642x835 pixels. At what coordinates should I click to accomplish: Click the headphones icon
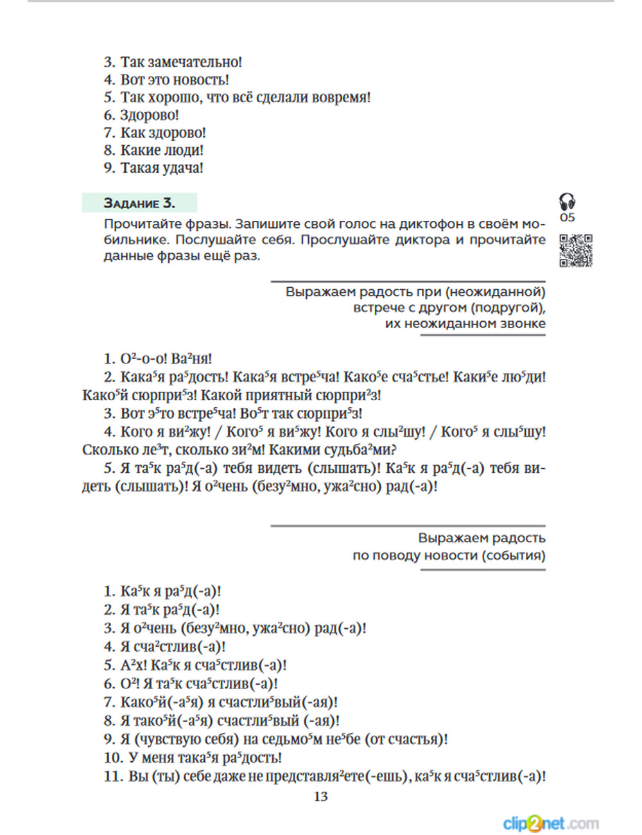[567, 202]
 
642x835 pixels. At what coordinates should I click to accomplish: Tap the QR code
[575, 251]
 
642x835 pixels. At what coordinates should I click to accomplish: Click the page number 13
[320, 796]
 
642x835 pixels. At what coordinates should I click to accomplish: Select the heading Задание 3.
[139, 203]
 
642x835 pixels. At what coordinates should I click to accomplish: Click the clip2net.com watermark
[551, 823]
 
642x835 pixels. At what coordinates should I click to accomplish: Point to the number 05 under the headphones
[568, 218]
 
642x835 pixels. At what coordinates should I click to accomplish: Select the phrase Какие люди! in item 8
[162, 150]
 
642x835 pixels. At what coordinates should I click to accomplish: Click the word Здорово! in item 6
[150, 116]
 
